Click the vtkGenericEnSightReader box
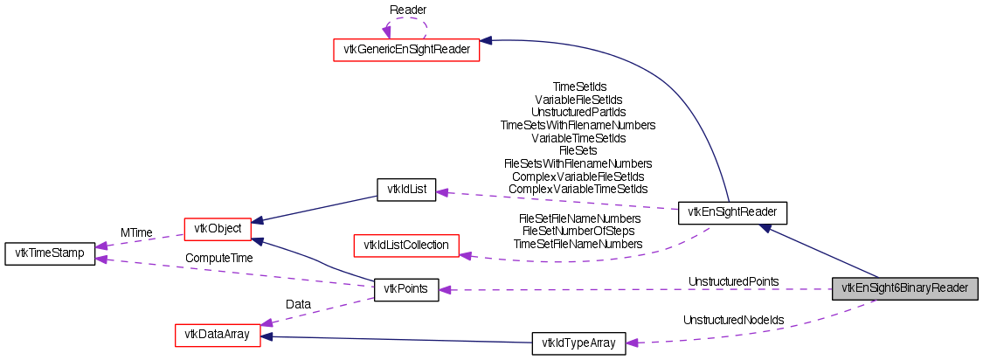(406, 50)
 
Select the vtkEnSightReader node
(733, 211)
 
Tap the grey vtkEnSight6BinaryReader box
(904, 288)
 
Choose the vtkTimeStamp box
(50, 254)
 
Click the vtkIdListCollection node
(405, 246)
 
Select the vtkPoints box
(405, 290)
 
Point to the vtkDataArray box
(218, 335)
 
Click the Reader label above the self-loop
(407, 9)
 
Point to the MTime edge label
(137, 233)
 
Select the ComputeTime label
(218, 259)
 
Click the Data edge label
(298, 304)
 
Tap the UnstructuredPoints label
(733, 281)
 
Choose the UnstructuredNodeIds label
(733, 321)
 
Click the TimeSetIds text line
(579, 87)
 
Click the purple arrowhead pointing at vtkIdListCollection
(466, 255)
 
